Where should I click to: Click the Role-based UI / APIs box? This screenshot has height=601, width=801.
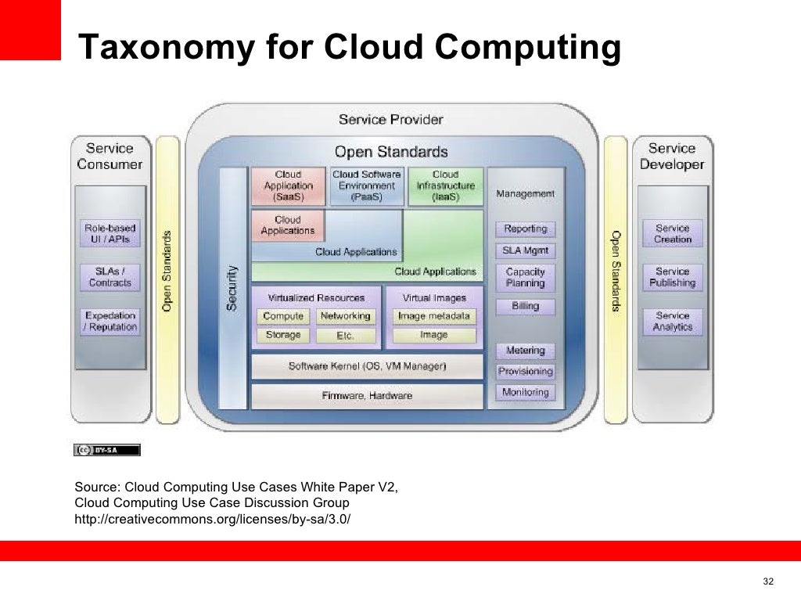pyautogui.click(x=110, y=233)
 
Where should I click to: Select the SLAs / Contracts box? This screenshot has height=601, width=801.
pyautogui.click(x=110, y=277)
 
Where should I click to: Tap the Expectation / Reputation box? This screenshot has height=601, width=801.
pyautogui.click(x=110, y=322)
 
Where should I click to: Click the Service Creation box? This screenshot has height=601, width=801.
pyautogui.click(x=673, y=233)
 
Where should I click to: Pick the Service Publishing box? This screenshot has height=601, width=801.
pyautogui.click(x=673, y=277)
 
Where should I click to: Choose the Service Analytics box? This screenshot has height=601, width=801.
pyautogui.click(x=673, y=321)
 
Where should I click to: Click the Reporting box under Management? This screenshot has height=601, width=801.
pyautogui.click(x=525, y=229)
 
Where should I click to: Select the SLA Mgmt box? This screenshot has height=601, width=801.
pyautogui.click(x=525, y=251)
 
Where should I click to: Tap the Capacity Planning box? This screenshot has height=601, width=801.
pyautogui.click(x=525, y=277)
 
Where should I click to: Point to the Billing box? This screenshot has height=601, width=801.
pyautogui.click(x=525, y=306)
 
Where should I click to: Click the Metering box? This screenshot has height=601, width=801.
pyautogui.click(x=525, y=351)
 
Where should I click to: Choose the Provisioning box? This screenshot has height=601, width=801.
pyautogui.click(x=525, y=372)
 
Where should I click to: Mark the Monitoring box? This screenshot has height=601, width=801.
pyautogui.click(x=525, y=392)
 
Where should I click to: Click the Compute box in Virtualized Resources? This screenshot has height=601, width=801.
pyautogui.click(x=283, y=316)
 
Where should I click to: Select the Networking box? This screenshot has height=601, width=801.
pyautogui.click(x=345, y=316)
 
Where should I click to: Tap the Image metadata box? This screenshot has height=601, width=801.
pyautogui.click(x=434, y=316)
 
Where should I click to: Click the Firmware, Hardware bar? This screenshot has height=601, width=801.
pyautogui.click(x=367, y=396)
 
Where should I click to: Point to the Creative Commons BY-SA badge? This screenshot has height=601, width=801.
pyautogui.click(x=107, y=450)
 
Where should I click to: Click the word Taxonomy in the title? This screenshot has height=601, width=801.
pyautogui.click(x=167, y=49)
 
